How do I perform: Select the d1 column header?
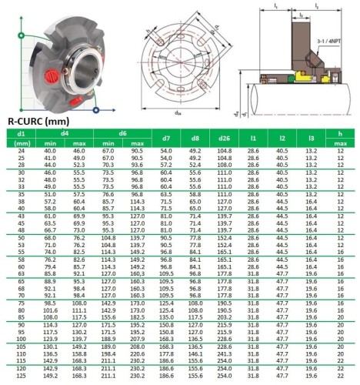22,133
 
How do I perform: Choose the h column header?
340,133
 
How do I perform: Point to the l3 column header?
311,138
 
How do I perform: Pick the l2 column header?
282,138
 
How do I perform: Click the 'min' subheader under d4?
52,143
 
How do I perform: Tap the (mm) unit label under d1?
22,143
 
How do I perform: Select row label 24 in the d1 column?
22,151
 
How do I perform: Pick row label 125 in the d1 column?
22,377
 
